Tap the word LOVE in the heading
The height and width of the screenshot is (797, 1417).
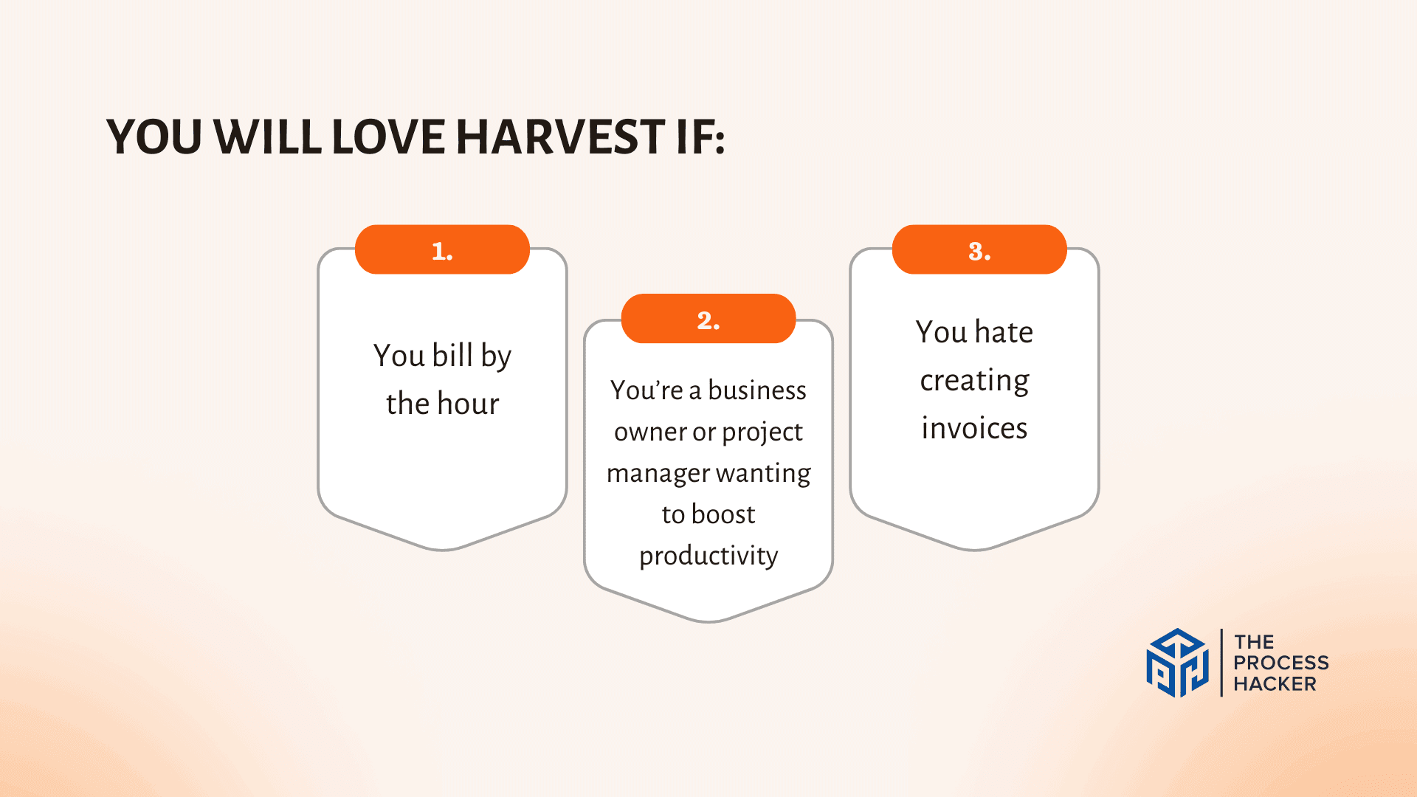[387, 137]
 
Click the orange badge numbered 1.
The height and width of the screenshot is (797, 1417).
[442, 249]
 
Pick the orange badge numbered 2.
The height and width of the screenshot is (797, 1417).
[708, 319]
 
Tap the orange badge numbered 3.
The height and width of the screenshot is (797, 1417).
[979, 249]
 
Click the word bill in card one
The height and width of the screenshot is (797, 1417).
[452, 355]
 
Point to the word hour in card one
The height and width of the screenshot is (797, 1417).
[468, 404]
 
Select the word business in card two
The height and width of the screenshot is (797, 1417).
[757, 390]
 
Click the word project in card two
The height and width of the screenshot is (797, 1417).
[762, 432]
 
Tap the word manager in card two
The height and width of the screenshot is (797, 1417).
[658, 474]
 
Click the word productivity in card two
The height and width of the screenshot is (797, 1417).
[708, 556]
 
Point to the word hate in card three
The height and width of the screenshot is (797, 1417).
[1004, 331]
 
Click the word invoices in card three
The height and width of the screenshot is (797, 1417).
[974, 428]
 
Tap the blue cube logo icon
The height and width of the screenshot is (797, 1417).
[1178, 663]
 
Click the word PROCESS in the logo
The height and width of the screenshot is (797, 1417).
[1281, 663]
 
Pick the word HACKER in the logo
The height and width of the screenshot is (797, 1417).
[1275, 684]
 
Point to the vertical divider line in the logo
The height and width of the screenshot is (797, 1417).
[1221, 663]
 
